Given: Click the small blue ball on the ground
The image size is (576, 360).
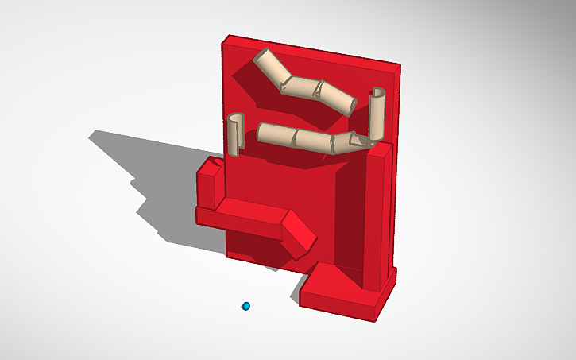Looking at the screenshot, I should tap(246, 306).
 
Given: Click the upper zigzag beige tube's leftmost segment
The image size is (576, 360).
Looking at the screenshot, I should tap(270, 68).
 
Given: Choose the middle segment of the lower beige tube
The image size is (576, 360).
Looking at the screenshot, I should tap(310, 139).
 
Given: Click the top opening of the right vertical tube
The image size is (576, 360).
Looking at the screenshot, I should tap(377, 92).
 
